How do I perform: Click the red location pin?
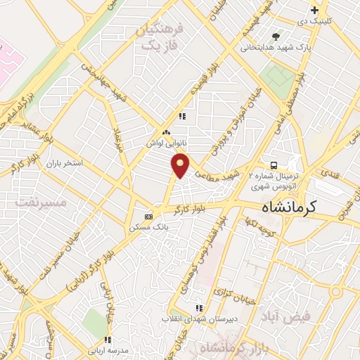[x=181, y=165]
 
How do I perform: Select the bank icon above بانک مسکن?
[x=148, y=217]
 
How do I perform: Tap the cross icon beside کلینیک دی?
[x=316, y=11]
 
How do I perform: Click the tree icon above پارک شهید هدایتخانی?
[x=276, y=36]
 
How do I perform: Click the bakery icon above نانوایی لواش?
[x=167, y=131]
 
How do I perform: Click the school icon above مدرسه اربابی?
[x=108, y=336]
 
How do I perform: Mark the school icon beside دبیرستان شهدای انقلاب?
[x=199, y=307]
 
